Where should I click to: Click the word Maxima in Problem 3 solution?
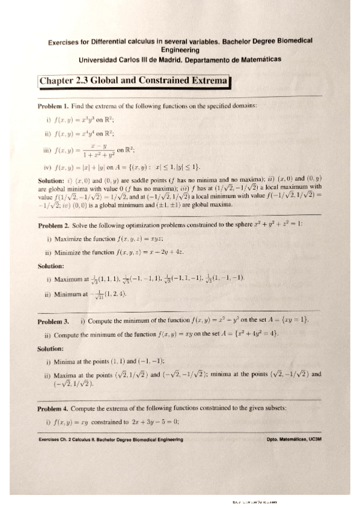[x=67, y=374]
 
